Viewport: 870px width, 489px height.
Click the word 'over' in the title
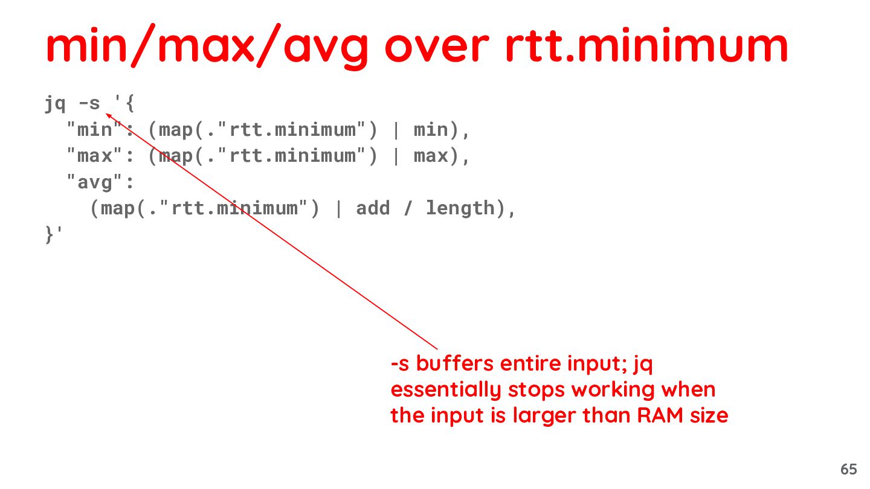437,47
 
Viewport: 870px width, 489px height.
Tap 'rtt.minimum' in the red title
646,47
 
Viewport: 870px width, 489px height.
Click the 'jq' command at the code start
55,104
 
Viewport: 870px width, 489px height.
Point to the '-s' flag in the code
89,104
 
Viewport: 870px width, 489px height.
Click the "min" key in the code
91,130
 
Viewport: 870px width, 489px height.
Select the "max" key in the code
91,156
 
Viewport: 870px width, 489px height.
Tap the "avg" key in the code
91,182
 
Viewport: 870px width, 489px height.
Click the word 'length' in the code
460,208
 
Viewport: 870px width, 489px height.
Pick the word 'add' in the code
373,208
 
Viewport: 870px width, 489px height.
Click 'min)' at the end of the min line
436,130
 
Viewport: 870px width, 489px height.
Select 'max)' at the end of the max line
436,156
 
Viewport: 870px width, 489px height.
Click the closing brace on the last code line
50,234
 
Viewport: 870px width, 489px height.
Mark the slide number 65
848,469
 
